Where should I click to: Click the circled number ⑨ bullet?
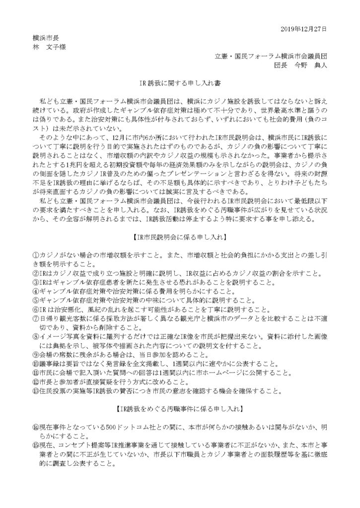click(29, 354)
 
